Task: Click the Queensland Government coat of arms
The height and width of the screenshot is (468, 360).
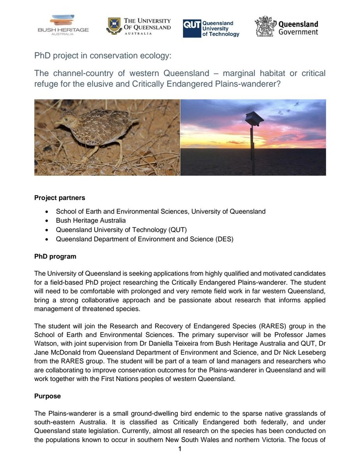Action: [265, 27]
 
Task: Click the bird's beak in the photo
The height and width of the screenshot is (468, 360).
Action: [57, 122]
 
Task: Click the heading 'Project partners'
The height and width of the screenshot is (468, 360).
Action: [60, 197]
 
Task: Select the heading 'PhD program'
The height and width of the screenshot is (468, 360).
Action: [55, 257]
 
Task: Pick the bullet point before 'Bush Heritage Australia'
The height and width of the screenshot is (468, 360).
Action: [47, 221]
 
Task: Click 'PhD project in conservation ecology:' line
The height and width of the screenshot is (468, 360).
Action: [103, 56]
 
